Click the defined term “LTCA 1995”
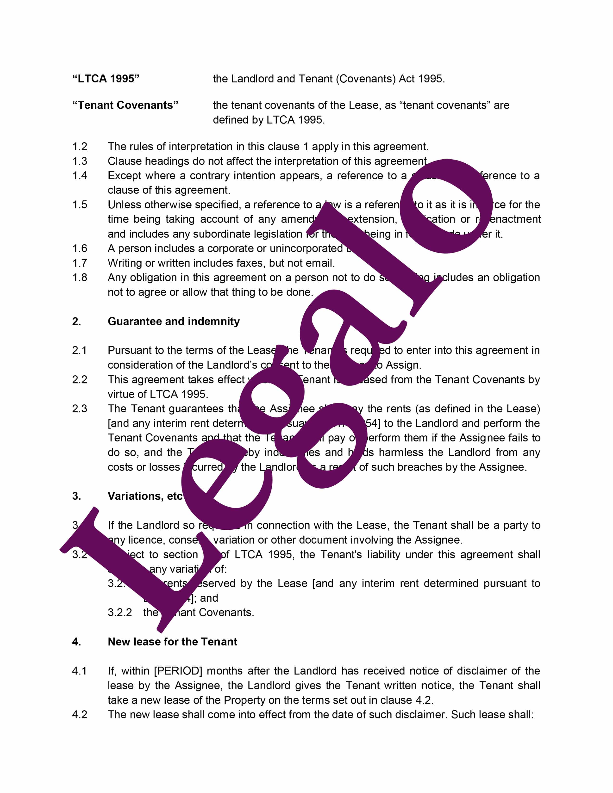(x=106, y=79)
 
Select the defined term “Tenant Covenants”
(x=125, y=105)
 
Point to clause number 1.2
(x=80, y=147)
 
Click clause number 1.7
(x=80, y=263)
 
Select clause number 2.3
(x=80, y=409)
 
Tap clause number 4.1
(x=80, y=671)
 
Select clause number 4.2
(x=80, y=715)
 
